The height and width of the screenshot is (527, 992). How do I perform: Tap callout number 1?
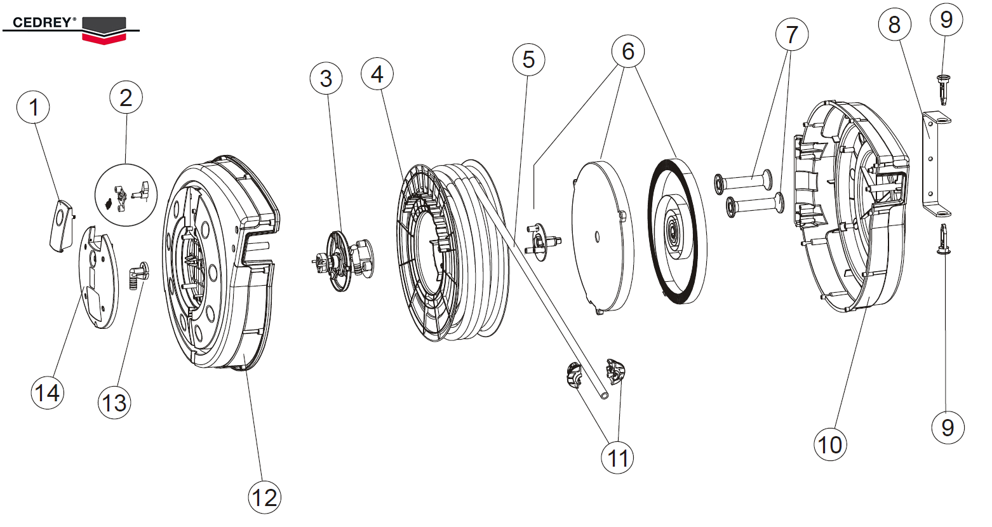click(34, 107)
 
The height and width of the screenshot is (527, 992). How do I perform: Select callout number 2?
click(126, 98)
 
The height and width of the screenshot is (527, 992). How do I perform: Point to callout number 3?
click(326, 79)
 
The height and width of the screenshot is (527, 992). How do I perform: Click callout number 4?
click(377, 75)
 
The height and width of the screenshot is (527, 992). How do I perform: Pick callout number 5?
click(528, 60)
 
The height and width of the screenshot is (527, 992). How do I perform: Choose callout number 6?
click(627, 51)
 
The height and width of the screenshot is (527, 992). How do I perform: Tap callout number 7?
click(791, 34)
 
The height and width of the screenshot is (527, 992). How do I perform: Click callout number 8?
click(894, 25)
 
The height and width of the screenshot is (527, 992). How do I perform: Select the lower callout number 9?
click(947, 427)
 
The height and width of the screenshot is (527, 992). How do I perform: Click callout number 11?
click(618, 458)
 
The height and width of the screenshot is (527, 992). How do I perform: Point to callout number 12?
click(264, 497)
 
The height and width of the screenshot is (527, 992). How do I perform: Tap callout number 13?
click(114, 403)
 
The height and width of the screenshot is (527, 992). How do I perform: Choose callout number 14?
click(47, 393)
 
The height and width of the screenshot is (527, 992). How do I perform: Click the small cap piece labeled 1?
click(61, 225)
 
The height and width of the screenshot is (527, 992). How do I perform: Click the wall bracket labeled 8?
click(933, 162)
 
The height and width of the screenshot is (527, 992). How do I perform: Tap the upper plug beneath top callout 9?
click(944, 88)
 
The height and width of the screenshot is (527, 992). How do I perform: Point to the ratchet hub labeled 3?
click(343, 260)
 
